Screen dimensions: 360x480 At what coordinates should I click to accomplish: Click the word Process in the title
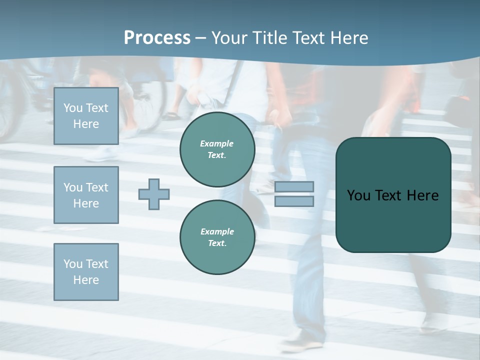coord(157,37)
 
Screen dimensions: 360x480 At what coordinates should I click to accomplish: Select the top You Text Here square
coord(86,116)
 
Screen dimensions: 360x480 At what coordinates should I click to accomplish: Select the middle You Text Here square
coord(86,195)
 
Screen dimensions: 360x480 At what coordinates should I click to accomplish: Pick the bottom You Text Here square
coord(86,271)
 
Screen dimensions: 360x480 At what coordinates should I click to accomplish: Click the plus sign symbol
coord(154,194)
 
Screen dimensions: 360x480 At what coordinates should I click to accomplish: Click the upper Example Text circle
coord(217,149)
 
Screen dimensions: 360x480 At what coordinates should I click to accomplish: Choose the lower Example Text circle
coord(217,237)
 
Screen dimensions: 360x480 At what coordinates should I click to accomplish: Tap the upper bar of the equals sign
coord(294,186)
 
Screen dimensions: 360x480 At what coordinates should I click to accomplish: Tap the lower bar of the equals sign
coord(294,201)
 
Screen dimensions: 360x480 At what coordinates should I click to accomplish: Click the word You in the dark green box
coord(358,195)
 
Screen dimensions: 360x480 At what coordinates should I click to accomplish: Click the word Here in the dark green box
coord(422,195)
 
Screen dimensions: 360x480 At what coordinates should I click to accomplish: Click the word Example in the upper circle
coord(216,143)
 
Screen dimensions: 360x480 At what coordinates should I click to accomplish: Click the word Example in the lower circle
coord(217,231)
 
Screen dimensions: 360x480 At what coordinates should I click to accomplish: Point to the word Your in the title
coord(229,37)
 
